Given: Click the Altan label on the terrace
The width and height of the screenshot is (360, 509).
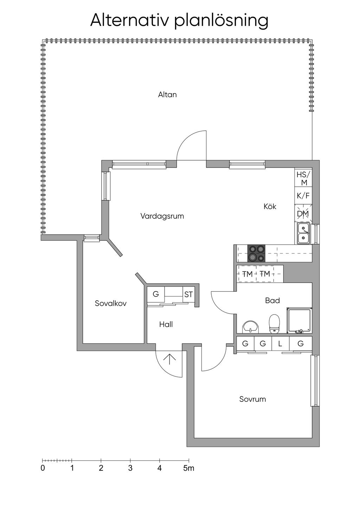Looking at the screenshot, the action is coord(167,95).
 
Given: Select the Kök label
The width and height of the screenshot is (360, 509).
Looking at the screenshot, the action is coord(270,206).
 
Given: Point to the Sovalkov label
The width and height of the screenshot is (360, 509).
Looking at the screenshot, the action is coord(111,303).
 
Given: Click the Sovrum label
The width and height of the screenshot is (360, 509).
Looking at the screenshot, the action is coord(252,399).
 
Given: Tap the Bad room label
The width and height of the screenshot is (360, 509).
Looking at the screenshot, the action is coord(272,301).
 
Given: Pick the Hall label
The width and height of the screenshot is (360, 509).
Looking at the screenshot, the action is coord(166,324).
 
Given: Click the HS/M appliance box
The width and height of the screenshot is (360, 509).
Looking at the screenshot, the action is coord(303,178).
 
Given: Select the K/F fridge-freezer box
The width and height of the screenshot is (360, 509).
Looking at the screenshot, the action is coord(303,196).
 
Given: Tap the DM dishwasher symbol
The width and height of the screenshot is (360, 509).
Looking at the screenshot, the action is coord(303,214).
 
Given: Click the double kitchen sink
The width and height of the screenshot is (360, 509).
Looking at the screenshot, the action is coord(303,234).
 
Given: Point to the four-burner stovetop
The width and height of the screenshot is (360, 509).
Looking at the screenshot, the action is coord(257,253).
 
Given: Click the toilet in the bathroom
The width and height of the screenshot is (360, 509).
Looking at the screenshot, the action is coord(274,323).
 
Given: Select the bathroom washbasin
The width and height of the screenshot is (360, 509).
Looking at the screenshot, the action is coord(251,327).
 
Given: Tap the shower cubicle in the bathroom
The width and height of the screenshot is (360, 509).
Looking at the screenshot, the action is coord(299,321).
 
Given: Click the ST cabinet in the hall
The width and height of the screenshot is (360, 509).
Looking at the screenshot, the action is coord(188,294).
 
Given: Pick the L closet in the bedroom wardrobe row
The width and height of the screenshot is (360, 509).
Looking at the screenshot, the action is coord(280,343).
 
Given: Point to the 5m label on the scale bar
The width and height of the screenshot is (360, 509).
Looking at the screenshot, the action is coord(188,468).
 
